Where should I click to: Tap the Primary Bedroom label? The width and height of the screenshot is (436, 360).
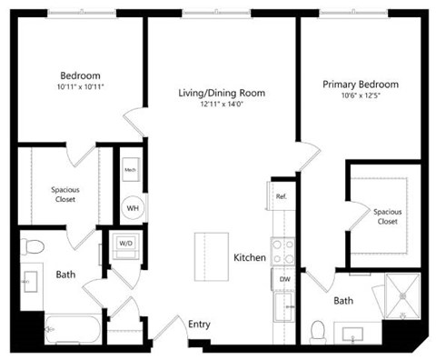361,85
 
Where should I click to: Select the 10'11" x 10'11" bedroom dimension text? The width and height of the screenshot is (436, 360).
80,87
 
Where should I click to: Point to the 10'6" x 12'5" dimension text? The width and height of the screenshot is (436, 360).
361,96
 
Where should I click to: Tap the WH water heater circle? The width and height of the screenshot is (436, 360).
132,206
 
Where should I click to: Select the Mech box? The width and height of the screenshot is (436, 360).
131,169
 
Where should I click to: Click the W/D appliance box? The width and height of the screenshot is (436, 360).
124,244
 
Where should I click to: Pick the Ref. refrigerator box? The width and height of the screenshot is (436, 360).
282,196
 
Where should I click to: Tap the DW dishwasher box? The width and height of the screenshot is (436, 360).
284,279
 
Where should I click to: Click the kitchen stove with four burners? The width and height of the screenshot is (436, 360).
284,250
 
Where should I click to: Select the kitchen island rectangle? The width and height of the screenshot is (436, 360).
213,257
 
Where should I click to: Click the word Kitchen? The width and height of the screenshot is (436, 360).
250,258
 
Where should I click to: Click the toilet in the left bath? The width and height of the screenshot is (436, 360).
35,246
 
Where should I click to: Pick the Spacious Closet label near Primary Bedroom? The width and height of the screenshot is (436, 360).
387,216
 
